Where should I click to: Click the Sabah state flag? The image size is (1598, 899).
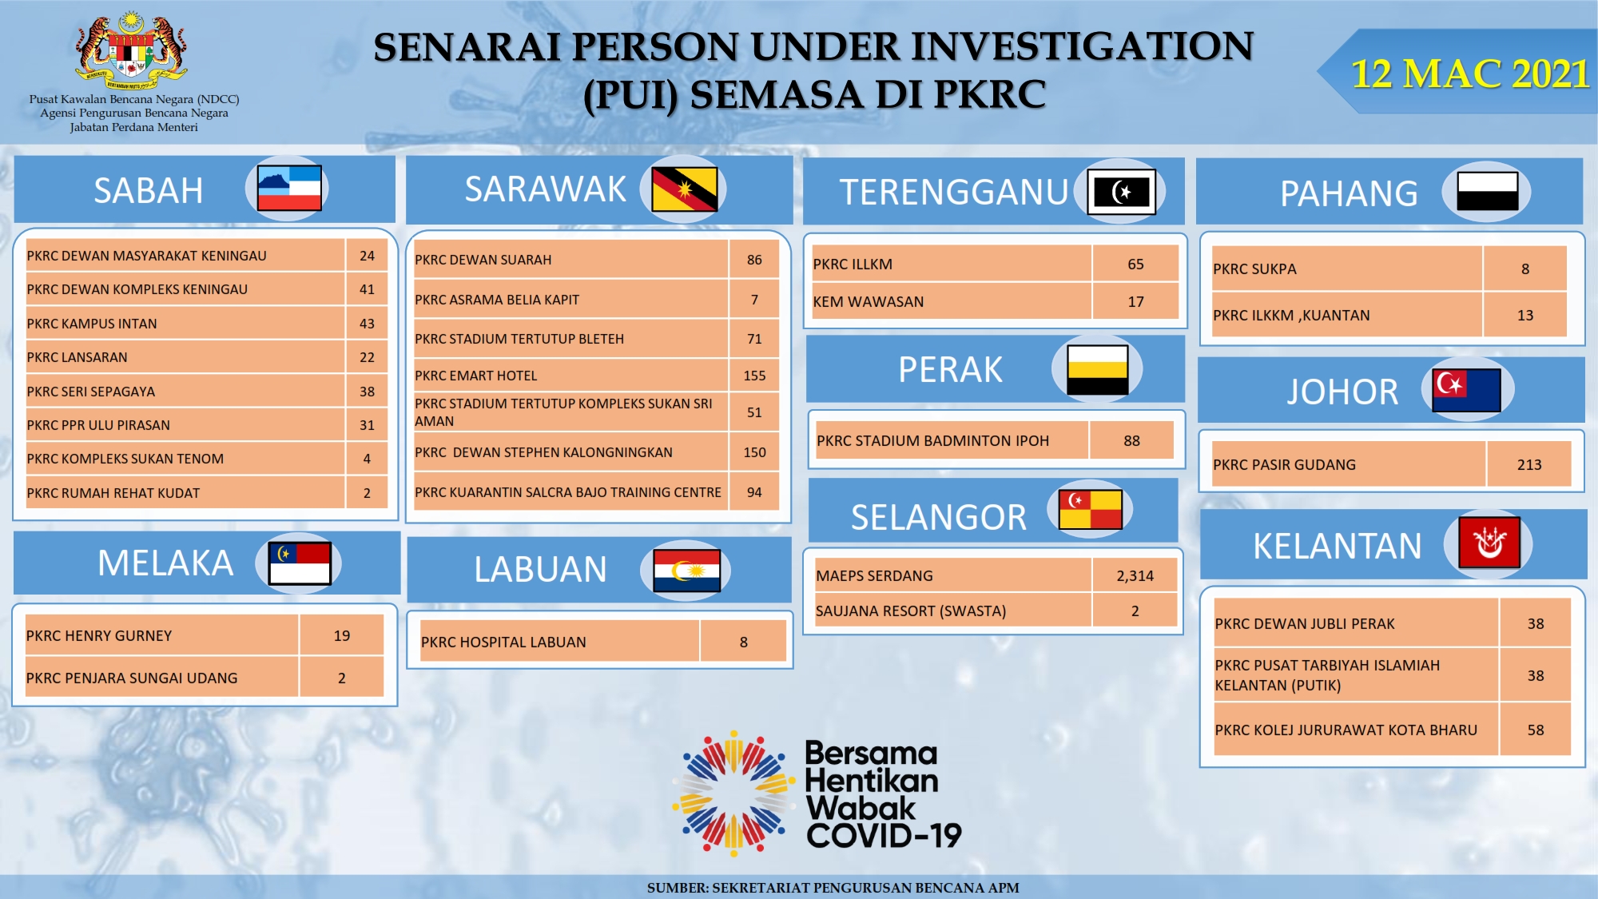289,188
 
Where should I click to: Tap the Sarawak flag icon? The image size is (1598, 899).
684,189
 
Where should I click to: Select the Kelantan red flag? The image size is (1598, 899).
1489,543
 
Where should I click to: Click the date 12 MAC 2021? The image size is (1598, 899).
1469,74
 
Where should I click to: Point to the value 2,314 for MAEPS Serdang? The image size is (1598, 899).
1135,575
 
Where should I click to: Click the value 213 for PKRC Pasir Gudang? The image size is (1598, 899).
1529,464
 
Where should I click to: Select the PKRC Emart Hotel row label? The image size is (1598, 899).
475,376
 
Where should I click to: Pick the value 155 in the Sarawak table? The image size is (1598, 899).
754,376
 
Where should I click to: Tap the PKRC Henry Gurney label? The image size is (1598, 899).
99,636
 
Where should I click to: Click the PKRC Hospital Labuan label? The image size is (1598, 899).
503,642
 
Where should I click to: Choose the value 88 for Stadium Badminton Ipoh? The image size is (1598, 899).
1131,441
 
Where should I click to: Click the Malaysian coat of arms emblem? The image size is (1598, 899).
132,50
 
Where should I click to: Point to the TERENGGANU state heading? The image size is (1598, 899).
954,192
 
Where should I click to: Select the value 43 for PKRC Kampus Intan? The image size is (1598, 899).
367,324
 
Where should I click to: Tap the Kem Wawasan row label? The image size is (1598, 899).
869,302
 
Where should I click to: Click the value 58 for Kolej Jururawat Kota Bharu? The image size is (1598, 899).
1536,730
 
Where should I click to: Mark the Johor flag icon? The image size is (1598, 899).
1467,390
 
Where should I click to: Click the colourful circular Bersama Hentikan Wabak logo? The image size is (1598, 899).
733,793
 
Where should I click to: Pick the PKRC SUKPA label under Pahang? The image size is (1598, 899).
1254,269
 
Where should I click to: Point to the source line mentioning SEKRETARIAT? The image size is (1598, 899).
833,888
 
